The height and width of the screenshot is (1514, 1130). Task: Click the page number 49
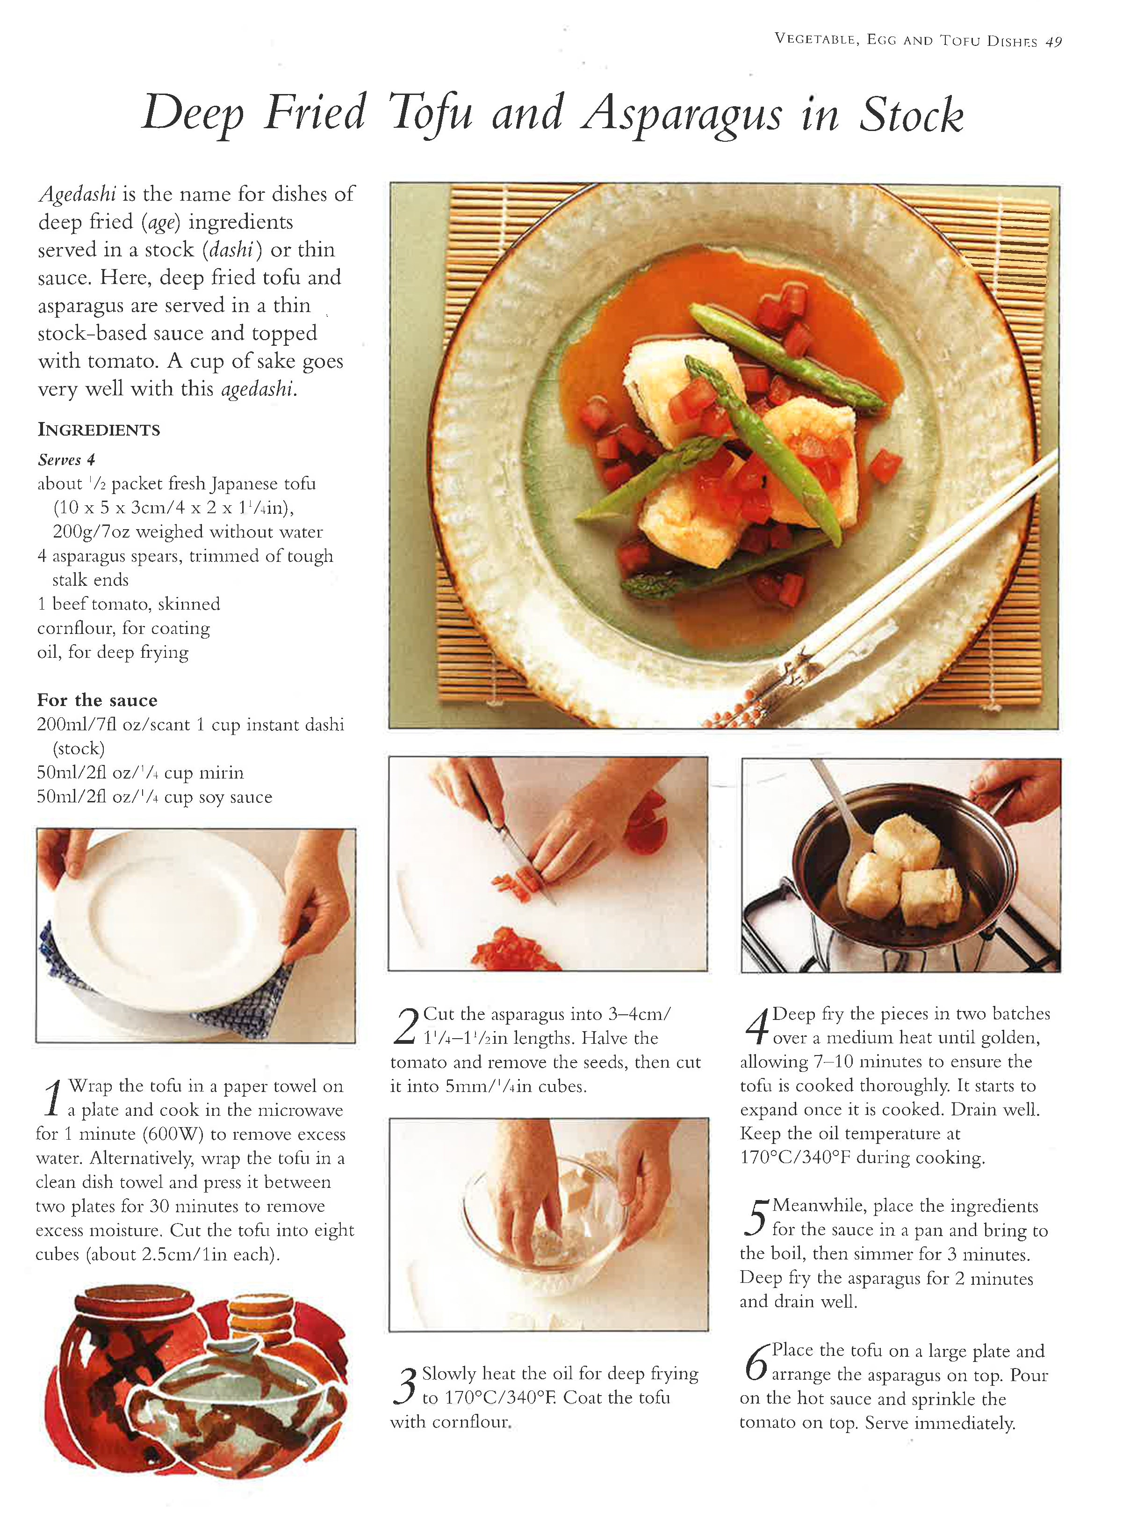pyautogui.click(x=1053, y=41)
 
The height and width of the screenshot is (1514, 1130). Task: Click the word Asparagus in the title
pyautogui.click(x=681, y=115)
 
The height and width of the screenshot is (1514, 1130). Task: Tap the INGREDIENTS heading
pyautogui.click(x=99, y=430)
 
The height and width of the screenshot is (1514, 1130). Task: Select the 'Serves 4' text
pyautogui.click(x=66, y=459)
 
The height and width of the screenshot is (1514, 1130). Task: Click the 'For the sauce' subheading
pyautogui.click(x=97, y=700)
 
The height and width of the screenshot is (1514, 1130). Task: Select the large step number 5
pyautogui.click(x=756, y=1219)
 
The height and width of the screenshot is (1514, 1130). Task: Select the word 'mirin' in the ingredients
pyautogui.click(x=221, y=773)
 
